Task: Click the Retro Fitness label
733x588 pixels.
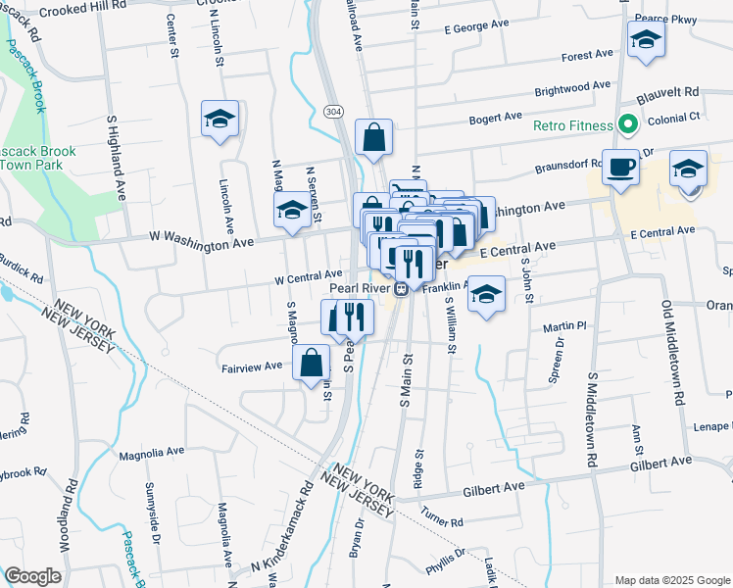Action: pos(572,126)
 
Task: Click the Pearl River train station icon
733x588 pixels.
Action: pos(401,289)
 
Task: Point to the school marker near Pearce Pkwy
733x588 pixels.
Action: pos(647,40)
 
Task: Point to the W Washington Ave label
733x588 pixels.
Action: pos(201,240)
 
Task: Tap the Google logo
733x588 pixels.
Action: pos(32,576)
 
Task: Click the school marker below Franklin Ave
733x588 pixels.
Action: pos(486,293)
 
